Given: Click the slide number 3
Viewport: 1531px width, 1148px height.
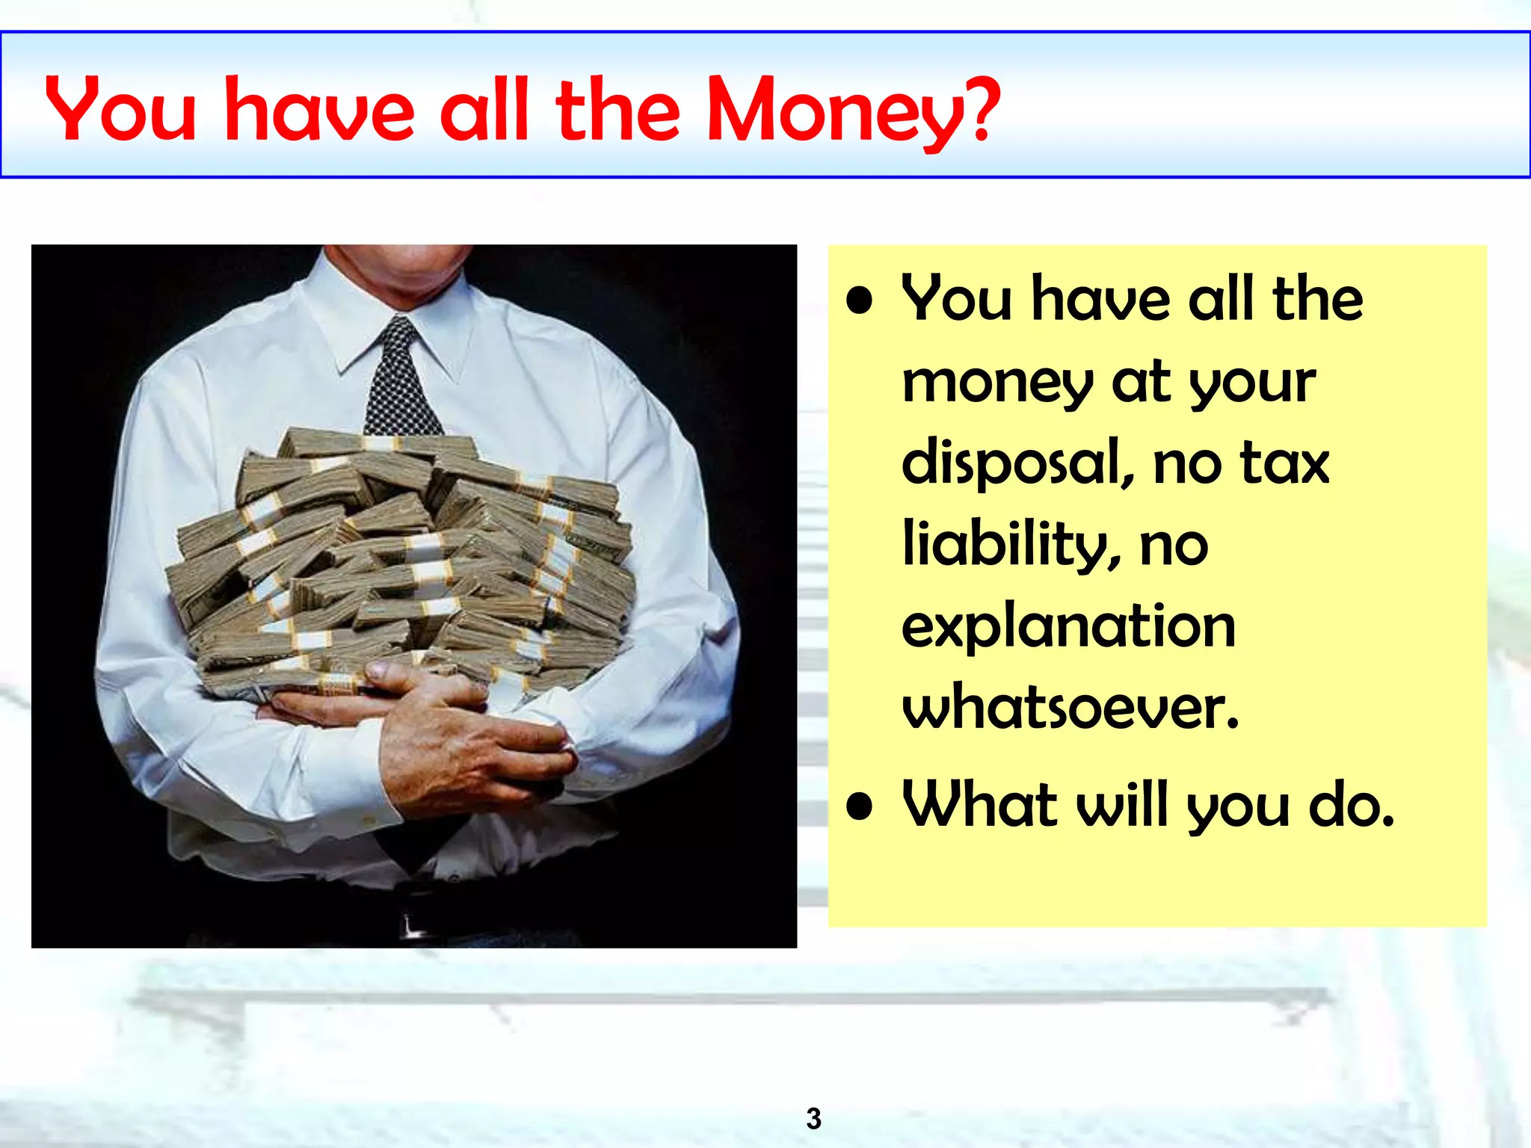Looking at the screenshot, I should point(813,1118).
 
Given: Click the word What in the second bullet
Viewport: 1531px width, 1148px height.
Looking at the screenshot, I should point(979,804).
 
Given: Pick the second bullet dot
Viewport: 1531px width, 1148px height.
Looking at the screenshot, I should point(860,807).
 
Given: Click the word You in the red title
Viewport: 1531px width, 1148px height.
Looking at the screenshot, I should point(120,111).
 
